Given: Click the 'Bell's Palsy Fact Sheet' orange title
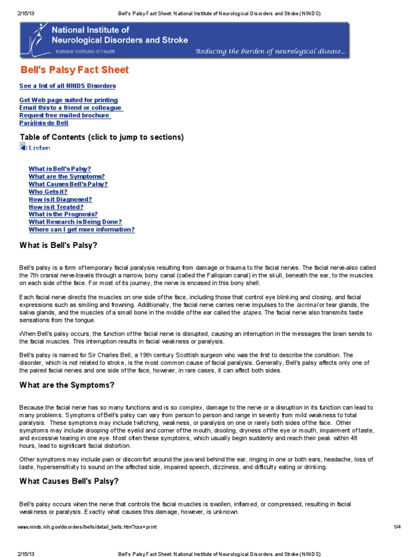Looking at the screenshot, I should [x=75, y=70].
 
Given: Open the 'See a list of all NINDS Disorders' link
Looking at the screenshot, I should [x=67, y=86].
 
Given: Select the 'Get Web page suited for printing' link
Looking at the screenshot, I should [x=69, y=100].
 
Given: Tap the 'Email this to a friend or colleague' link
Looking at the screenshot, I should [x=71, y=108].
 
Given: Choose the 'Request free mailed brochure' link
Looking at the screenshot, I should [x=65, y=115].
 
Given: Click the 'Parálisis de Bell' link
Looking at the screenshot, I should [x=44, y=123].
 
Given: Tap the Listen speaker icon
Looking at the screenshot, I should [x=23, y=146].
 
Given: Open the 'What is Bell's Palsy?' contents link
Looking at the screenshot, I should [x=60, y=169].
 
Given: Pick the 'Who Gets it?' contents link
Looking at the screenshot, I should [x=48, y=192].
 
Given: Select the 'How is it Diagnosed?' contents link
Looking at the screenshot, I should [x=60, y=200].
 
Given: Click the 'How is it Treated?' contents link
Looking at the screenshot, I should [x=56, y=207].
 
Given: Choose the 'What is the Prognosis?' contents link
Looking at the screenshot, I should [x=63, y=214].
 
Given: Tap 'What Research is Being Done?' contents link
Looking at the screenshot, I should [x=75, y=222].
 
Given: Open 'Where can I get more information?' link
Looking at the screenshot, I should [x=82, y=230].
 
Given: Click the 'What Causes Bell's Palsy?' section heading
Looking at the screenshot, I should [x=69, y=481].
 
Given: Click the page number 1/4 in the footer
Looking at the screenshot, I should [x=397, y=527].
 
